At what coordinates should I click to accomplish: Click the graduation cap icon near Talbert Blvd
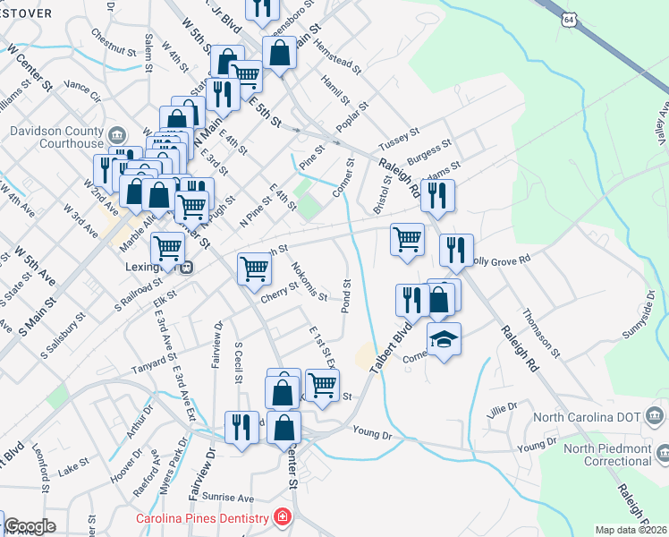444,339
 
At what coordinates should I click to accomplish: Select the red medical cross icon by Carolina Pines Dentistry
283,518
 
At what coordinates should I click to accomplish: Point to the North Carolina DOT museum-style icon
654,415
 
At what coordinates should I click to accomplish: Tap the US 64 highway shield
570,20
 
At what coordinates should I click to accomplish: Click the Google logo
30,526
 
